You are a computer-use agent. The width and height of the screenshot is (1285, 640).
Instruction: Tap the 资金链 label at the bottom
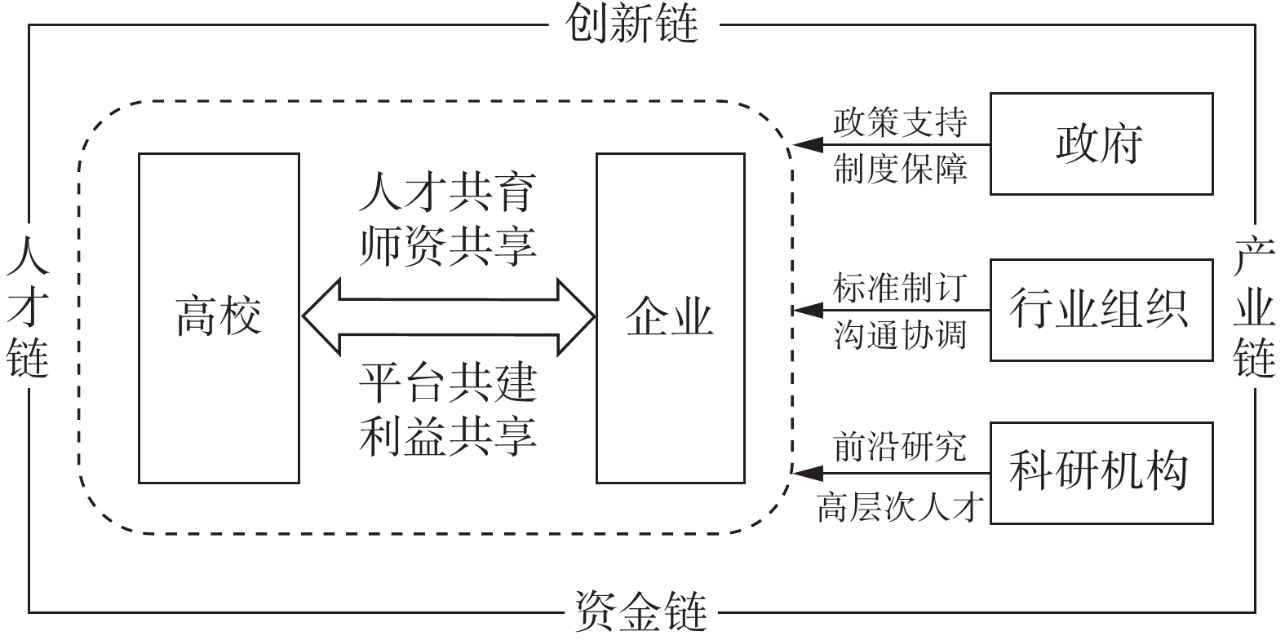click(640, 611)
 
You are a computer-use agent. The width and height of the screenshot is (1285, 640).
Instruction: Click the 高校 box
click(219, 318)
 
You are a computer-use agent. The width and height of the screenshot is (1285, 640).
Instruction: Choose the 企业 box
click(670, 318)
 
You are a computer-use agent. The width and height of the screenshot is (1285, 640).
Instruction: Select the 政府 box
click(1101, 143)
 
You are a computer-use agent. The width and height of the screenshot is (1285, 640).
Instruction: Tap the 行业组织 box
click(1101, 310)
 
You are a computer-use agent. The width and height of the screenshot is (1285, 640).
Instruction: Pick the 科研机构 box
click(1101, 472)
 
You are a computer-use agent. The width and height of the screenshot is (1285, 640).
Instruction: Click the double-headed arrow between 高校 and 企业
click(448, 317)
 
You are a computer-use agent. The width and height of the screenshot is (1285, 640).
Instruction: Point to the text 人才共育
click(448, 194)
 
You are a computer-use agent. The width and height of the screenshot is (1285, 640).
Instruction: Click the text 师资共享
click(448, 245)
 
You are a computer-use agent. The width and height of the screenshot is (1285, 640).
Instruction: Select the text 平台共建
click(448, 382)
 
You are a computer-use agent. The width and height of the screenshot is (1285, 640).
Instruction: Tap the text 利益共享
click(448, 434)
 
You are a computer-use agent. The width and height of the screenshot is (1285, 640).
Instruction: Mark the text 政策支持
click(900, 122)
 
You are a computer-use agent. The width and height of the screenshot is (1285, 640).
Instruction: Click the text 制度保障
click(900, 169)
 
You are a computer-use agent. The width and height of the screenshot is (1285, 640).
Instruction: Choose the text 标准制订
click(900, 288)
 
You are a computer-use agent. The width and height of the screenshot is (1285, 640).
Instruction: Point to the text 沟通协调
click(900, 335)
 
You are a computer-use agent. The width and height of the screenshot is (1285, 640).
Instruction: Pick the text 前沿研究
click(900, 447)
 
